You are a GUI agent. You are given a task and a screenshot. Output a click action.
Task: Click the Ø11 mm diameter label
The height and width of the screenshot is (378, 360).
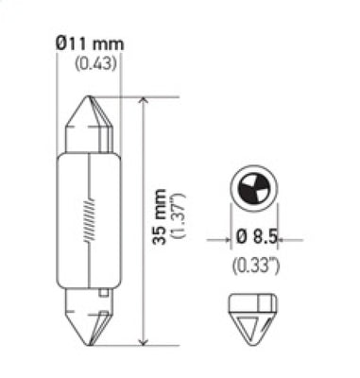coord(91,44)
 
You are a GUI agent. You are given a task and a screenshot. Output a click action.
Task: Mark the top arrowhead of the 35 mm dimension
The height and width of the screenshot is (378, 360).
coord(143,102)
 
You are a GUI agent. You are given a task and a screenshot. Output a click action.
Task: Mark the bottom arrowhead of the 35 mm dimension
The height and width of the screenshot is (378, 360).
coord(143,339)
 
